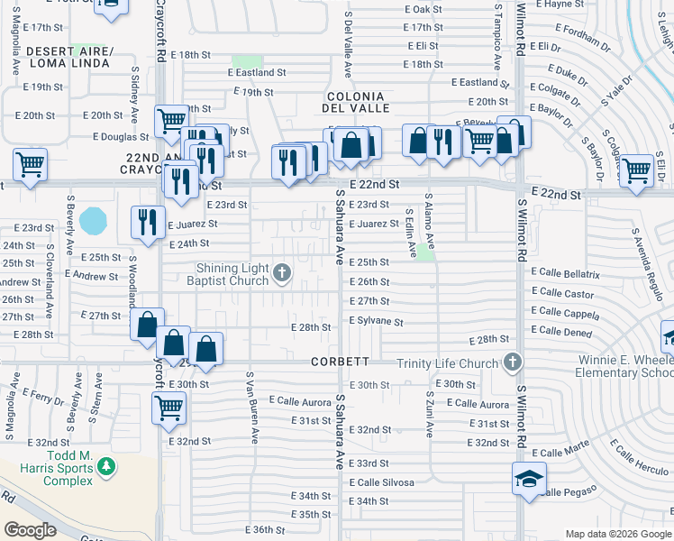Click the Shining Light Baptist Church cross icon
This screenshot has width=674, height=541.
pyautogui.click(x=282, y=272)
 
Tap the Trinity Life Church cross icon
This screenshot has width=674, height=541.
pyautogui.click(x=513, y=363)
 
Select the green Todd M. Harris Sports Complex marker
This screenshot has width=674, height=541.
pyautogui.click(x=106, y=466)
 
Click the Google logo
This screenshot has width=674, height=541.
pyautogui.click(x=30, y=530)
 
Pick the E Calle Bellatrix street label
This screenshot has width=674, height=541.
pyautogui.click(x=565, y=272)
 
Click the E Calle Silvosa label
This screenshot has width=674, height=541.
pyautogui.click(x=382, y=482)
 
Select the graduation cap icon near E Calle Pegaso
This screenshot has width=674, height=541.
pyautogui.click(x=529, y=478)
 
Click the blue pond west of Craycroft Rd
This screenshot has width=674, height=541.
pyautogui.click(x=92, y=220)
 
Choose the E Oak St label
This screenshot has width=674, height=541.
pyautogui.click(x=425, y=9)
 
